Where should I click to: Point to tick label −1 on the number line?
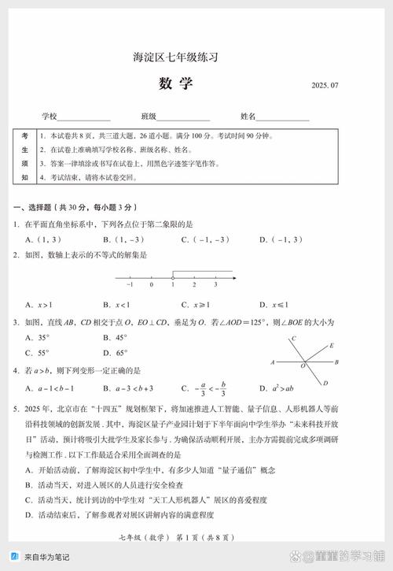coord(130,285)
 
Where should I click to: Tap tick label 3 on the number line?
coord(215,285)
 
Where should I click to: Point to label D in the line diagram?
coord(325,384)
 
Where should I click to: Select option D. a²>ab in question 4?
coord(276,388)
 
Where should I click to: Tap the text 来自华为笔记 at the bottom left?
coord(46,557)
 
